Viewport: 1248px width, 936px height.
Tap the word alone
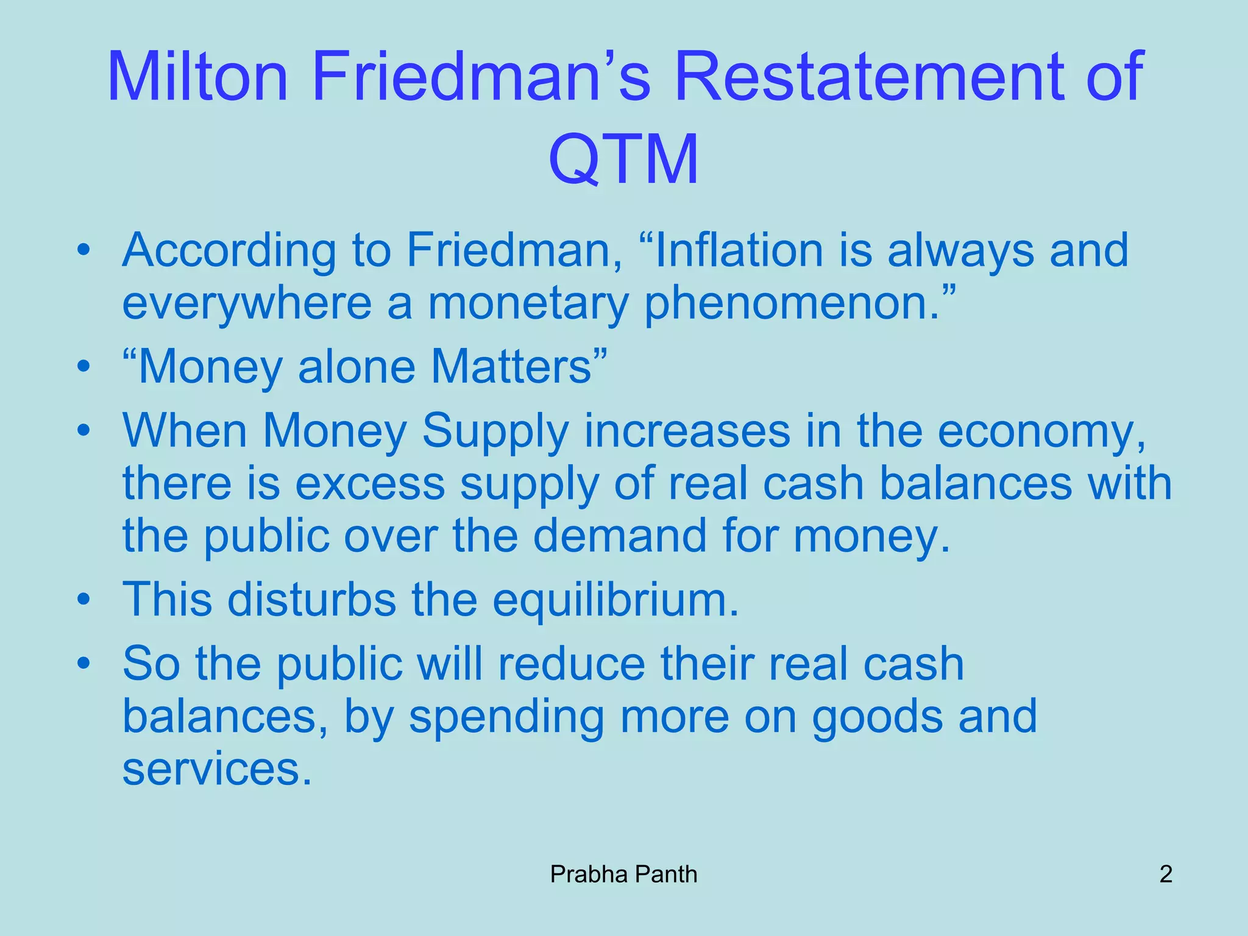click(356, 367)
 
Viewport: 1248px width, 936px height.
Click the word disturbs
click(311, 600)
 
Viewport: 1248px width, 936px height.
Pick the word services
click(217, 769)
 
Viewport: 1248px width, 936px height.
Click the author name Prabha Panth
click(623, 874)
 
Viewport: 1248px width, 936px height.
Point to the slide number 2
click(1166, 874)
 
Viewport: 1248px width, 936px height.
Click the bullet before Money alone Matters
click(83, 367)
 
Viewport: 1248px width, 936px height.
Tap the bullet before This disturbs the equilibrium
click(83, 600)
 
